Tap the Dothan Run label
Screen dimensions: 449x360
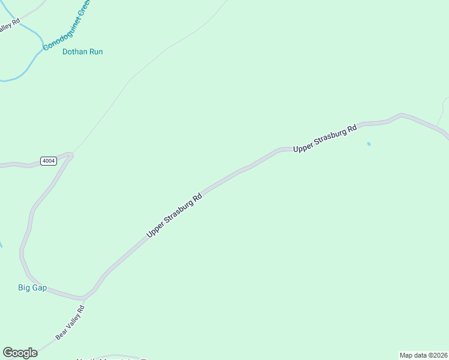[82, 52]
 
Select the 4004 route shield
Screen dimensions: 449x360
[49, 161]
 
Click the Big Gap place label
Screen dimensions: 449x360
[32, 288]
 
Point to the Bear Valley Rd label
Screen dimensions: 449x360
[71, 323]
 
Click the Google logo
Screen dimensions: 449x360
[20, 353]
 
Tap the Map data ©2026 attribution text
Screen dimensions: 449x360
[423, 355]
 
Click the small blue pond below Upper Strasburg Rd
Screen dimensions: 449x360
[369, 144]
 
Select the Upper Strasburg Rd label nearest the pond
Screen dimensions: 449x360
[325, 138]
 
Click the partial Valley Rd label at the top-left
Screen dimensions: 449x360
[8, 27]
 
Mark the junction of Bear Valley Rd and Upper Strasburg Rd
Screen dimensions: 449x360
[84, 298]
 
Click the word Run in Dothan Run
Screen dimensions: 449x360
[96, 52]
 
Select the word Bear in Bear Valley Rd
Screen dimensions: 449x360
[61, 334]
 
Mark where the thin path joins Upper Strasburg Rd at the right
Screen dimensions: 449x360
[436, 127]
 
